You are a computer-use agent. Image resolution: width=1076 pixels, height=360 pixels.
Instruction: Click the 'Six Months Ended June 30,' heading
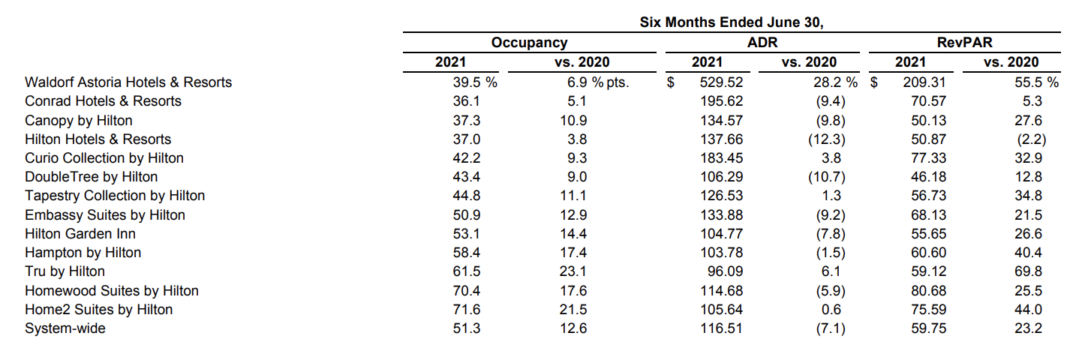point(731,22)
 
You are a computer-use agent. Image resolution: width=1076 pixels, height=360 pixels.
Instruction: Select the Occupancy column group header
point(529,42)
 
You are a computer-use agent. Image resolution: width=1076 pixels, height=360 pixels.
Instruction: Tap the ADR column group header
point(762,42)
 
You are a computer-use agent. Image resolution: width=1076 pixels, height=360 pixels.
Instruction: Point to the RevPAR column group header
point(964,42)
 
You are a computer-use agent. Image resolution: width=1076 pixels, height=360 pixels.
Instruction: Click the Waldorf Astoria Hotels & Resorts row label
point(128,82)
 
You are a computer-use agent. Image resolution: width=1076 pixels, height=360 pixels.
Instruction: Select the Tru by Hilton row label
point(65,271)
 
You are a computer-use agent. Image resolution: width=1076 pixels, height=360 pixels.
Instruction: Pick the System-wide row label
point(65,328)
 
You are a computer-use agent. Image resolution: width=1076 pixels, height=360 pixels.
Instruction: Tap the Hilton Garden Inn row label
point(80,234)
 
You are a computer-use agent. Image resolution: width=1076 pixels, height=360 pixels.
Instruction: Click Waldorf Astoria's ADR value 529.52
point(721,82)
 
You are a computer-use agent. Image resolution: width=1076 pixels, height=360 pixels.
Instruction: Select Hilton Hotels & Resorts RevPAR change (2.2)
point(1031,139)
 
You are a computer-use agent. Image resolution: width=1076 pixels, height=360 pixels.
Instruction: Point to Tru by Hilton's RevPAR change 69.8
point(1028,271)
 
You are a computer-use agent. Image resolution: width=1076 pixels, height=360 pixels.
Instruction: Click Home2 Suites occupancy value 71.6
point(467,310)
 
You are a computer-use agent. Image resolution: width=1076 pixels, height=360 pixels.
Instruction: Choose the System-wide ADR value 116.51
point(721,328)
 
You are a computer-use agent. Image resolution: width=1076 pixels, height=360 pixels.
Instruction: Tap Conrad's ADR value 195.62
point(721,101)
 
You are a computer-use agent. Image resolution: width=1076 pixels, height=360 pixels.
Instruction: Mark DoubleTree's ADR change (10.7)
point(826,177)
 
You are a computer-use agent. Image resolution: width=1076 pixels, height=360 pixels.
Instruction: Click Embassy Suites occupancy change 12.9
point(573,215)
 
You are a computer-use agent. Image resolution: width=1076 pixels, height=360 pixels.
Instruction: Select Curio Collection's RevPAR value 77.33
point(928,158)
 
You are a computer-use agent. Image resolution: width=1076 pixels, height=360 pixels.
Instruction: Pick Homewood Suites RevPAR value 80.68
point(928,291)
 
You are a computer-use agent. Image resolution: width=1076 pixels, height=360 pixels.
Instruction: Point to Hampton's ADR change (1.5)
point(831,253)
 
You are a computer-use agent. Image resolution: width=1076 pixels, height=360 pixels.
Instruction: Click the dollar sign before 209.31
point(873,82)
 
